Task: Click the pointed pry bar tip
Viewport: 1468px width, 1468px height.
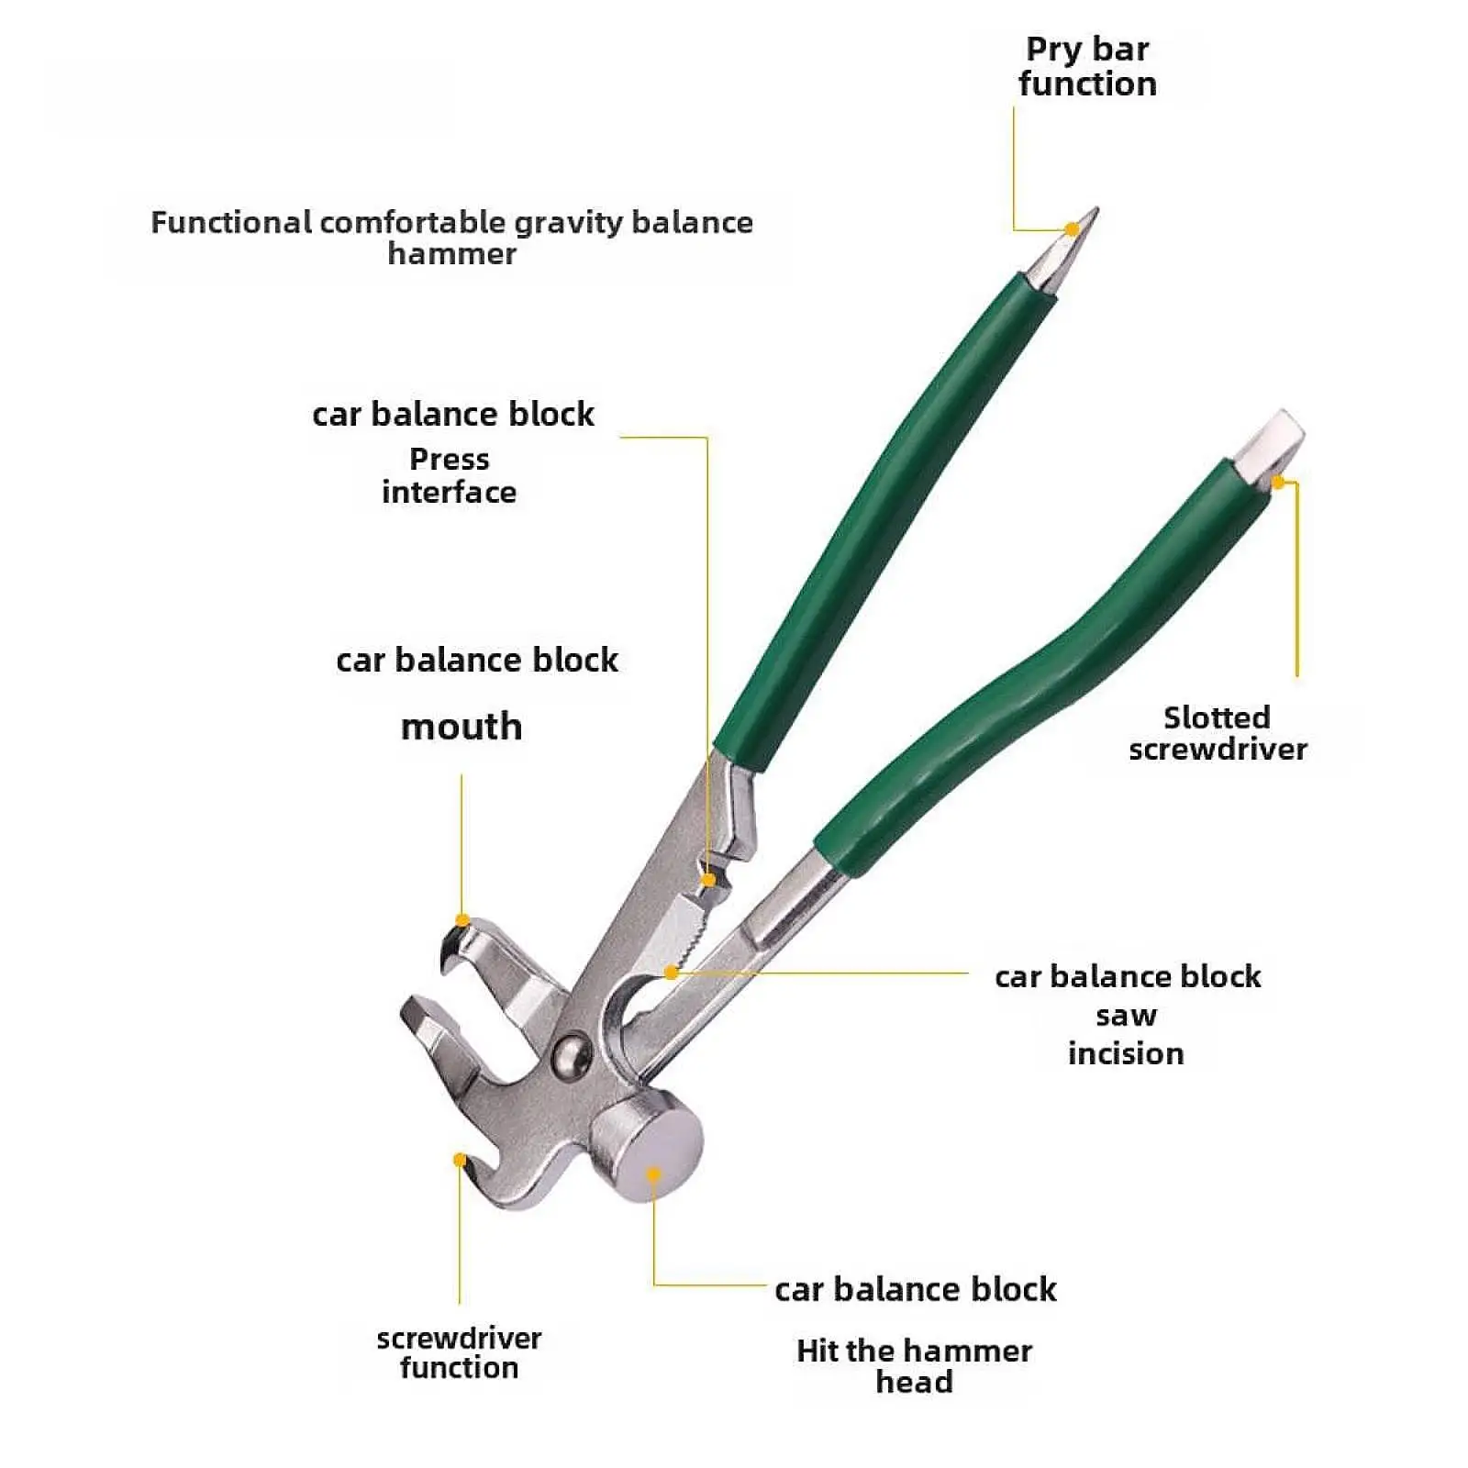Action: (1090, 217)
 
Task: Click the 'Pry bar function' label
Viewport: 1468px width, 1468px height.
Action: (1087, 66)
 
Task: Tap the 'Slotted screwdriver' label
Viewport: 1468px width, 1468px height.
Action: (1218, 733)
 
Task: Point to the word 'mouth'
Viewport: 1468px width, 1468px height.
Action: (462, 727)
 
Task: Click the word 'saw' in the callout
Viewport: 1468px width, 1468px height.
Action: (1126, 1015)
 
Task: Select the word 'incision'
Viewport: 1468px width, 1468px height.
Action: (1126, 1052)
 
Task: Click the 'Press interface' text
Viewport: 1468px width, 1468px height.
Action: (449, 475)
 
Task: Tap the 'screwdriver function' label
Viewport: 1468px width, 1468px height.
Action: (459, 1352)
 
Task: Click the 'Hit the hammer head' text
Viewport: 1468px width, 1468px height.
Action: (914, 1365)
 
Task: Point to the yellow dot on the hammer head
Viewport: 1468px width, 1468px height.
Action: (653, 1173)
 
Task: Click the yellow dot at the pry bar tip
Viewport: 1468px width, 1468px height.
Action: (1072, 228)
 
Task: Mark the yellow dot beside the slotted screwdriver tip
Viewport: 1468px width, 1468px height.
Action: (1278, 481)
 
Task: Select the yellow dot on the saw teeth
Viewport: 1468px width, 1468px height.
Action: (672, 972)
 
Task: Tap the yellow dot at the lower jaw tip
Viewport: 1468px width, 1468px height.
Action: (460, 1161)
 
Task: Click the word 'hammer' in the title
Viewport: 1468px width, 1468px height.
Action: (451, 253)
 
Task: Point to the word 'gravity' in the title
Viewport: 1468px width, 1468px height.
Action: (567, 222)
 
